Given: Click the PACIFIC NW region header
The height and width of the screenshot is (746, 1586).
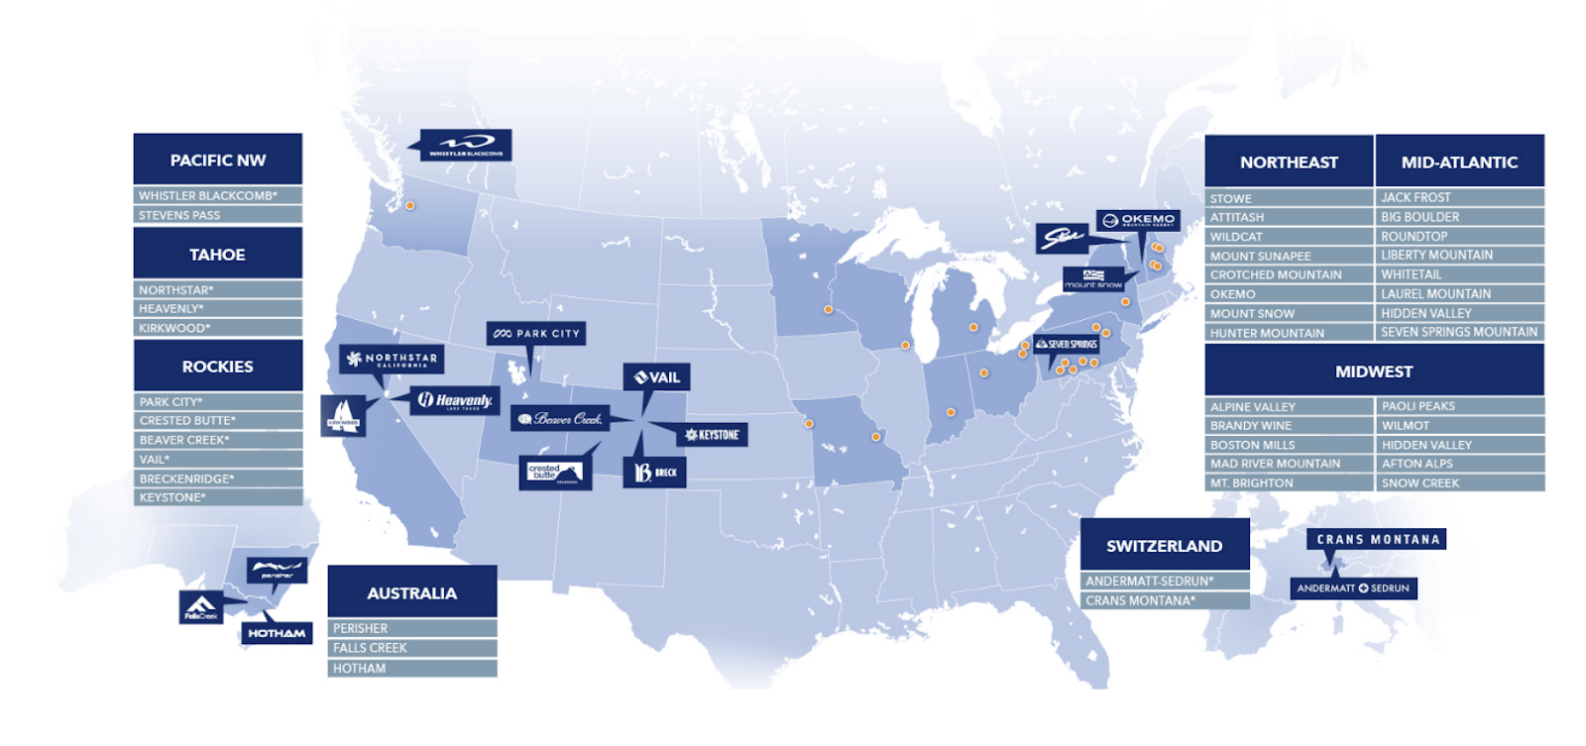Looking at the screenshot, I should (217, 160).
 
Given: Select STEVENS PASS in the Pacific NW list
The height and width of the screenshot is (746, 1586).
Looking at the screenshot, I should (217, 215).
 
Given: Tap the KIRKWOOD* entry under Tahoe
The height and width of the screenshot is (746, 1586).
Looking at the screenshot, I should (217, 328).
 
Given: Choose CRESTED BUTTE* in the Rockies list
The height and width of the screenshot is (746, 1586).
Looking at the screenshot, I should (217, 421).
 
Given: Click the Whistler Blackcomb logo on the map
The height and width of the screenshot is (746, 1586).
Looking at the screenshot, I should (466, 145).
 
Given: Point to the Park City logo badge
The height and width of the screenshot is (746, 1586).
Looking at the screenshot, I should (536, 334).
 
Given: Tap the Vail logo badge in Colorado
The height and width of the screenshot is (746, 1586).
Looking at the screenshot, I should (656, 377).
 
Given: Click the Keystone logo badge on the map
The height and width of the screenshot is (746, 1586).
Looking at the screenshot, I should (712, 435).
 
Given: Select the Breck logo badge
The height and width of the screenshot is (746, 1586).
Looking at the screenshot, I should (654, 473).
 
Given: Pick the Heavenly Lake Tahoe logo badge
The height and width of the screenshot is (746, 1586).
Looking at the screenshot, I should (455, 400).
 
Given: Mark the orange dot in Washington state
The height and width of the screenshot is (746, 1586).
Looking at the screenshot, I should (409, 205).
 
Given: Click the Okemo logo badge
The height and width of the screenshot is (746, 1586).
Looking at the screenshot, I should (1138, 220).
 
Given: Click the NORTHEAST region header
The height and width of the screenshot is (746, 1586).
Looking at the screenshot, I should (1289, 161).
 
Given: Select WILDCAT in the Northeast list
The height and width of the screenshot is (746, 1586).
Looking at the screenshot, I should (1289, 237).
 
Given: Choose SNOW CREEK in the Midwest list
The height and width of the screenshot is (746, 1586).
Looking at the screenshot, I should (1460, 483).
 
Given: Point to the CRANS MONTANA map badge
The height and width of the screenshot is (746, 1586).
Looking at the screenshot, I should (1377, 540).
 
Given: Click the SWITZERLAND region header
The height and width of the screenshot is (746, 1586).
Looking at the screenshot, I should (1164, 546).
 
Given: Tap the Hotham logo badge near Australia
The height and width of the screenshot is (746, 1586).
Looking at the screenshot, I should (277, 633).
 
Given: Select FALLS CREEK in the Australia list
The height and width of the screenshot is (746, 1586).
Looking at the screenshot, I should (411, 648).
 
